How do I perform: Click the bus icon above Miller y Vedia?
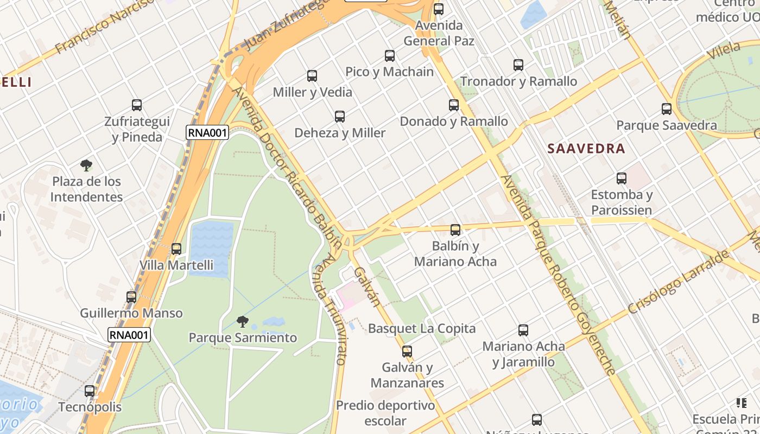(x=312, y=76)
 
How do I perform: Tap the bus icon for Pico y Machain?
(x=389, y=55)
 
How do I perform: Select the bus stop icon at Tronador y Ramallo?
(x=518, y=65)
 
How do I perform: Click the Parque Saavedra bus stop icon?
(x=667, y=109)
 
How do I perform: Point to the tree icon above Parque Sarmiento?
(x=243, y=322)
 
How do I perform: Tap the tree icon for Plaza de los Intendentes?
(x=86, y=165)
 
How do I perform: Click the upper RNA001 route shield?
(x=207, y=132)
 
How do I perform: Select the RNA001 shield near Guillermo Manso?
(x=129, y=335)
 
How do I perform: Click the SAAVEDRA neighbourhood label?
(x=586, y=149)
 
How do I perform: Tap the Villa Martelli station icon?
(x=176, y=249)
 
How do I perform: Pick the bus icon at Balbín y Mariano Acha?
(x=455, y=230)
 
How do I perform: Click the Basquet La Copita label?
(x=421, y=328)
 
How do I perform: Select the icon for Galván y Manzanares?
(x=407, y=351)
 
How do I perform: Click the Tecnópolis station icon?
(x=90, y=391)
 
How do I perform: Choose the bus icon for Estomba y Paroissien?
(x=622, y=178)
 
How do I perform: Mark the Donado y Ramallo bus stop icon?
(x=454, y=105)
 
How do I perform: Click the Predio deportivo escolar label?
(x=385, y=413)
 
